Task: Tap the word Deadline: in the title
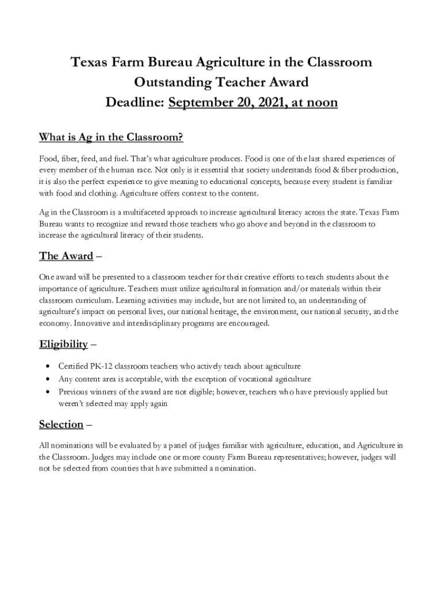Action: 135,103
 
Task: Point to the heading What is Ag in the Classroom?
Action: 111,137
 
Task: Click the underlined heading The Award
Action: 66,255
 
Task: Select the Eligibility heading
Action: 63,344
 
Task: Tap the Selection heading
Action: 61,424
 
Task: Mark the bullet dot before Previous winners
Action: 46,392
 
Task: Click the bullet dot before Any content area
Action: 46,379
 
